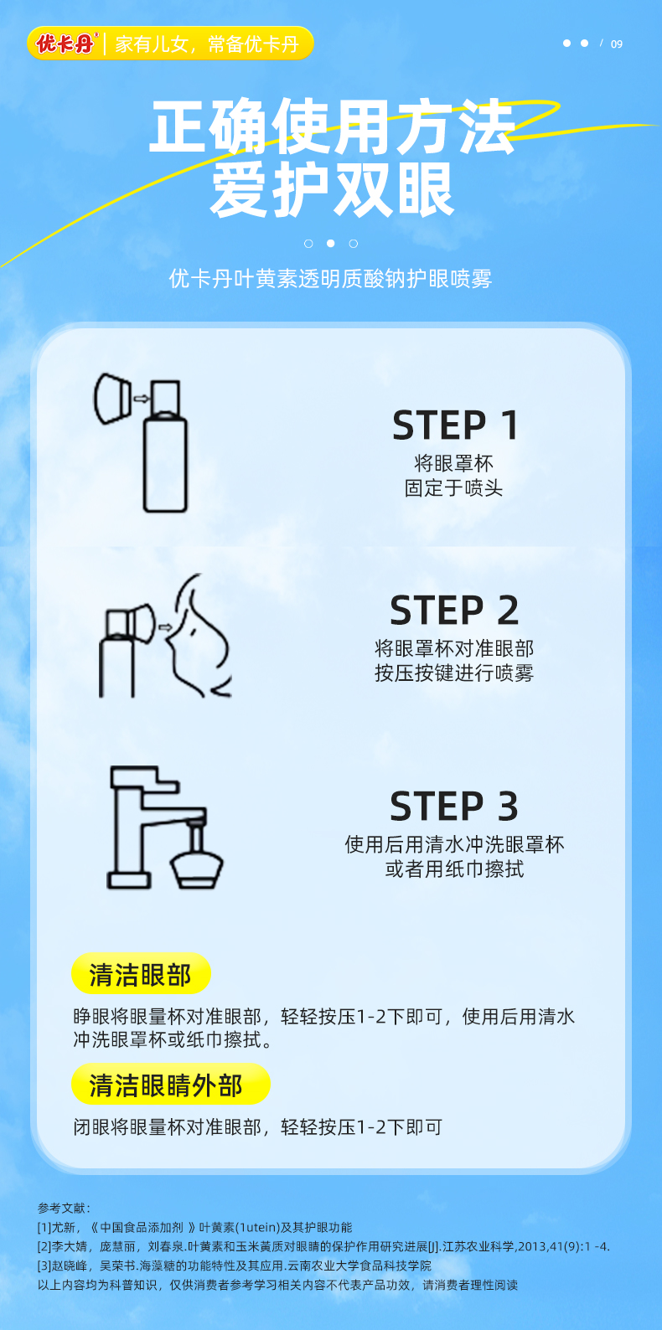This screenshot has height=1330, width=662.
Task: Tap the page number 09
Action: pos(617,44)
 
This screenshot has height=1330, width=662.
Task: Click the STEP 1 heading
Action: pos(455,425)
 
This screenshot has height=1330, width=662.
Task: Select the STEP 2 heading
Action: pos(455,610)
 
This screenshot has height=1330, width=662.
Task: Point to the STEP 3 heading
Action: pos(455,806)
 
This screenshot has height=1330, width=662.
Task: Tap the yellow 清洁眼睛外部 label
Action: pos(171,1085)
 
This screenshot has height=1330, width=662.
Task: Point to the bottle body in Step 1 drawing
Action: pos(165,464)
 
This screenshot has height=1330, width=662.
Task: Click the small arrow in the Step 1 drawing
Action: pos(142,399)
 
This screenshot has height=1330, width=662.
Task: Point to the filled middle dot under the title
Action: pos(331,244)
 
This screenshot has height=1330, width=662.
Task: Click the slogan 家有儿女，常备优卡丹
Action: pos(207,44)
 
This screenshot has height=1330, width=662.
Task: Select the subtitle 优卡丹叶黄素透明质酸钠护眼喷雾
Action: pos(330,278)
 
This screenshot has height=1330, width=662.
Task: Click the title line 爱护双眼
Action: pos(332,189)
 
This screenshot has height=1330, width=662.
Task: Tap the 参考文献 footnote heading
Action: pos(65,1208)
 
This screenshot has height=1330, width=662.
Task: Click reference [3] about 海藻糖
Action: pos(235,1266)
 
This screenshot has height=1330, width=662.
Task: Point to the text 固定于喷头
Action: pos(454,488)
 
